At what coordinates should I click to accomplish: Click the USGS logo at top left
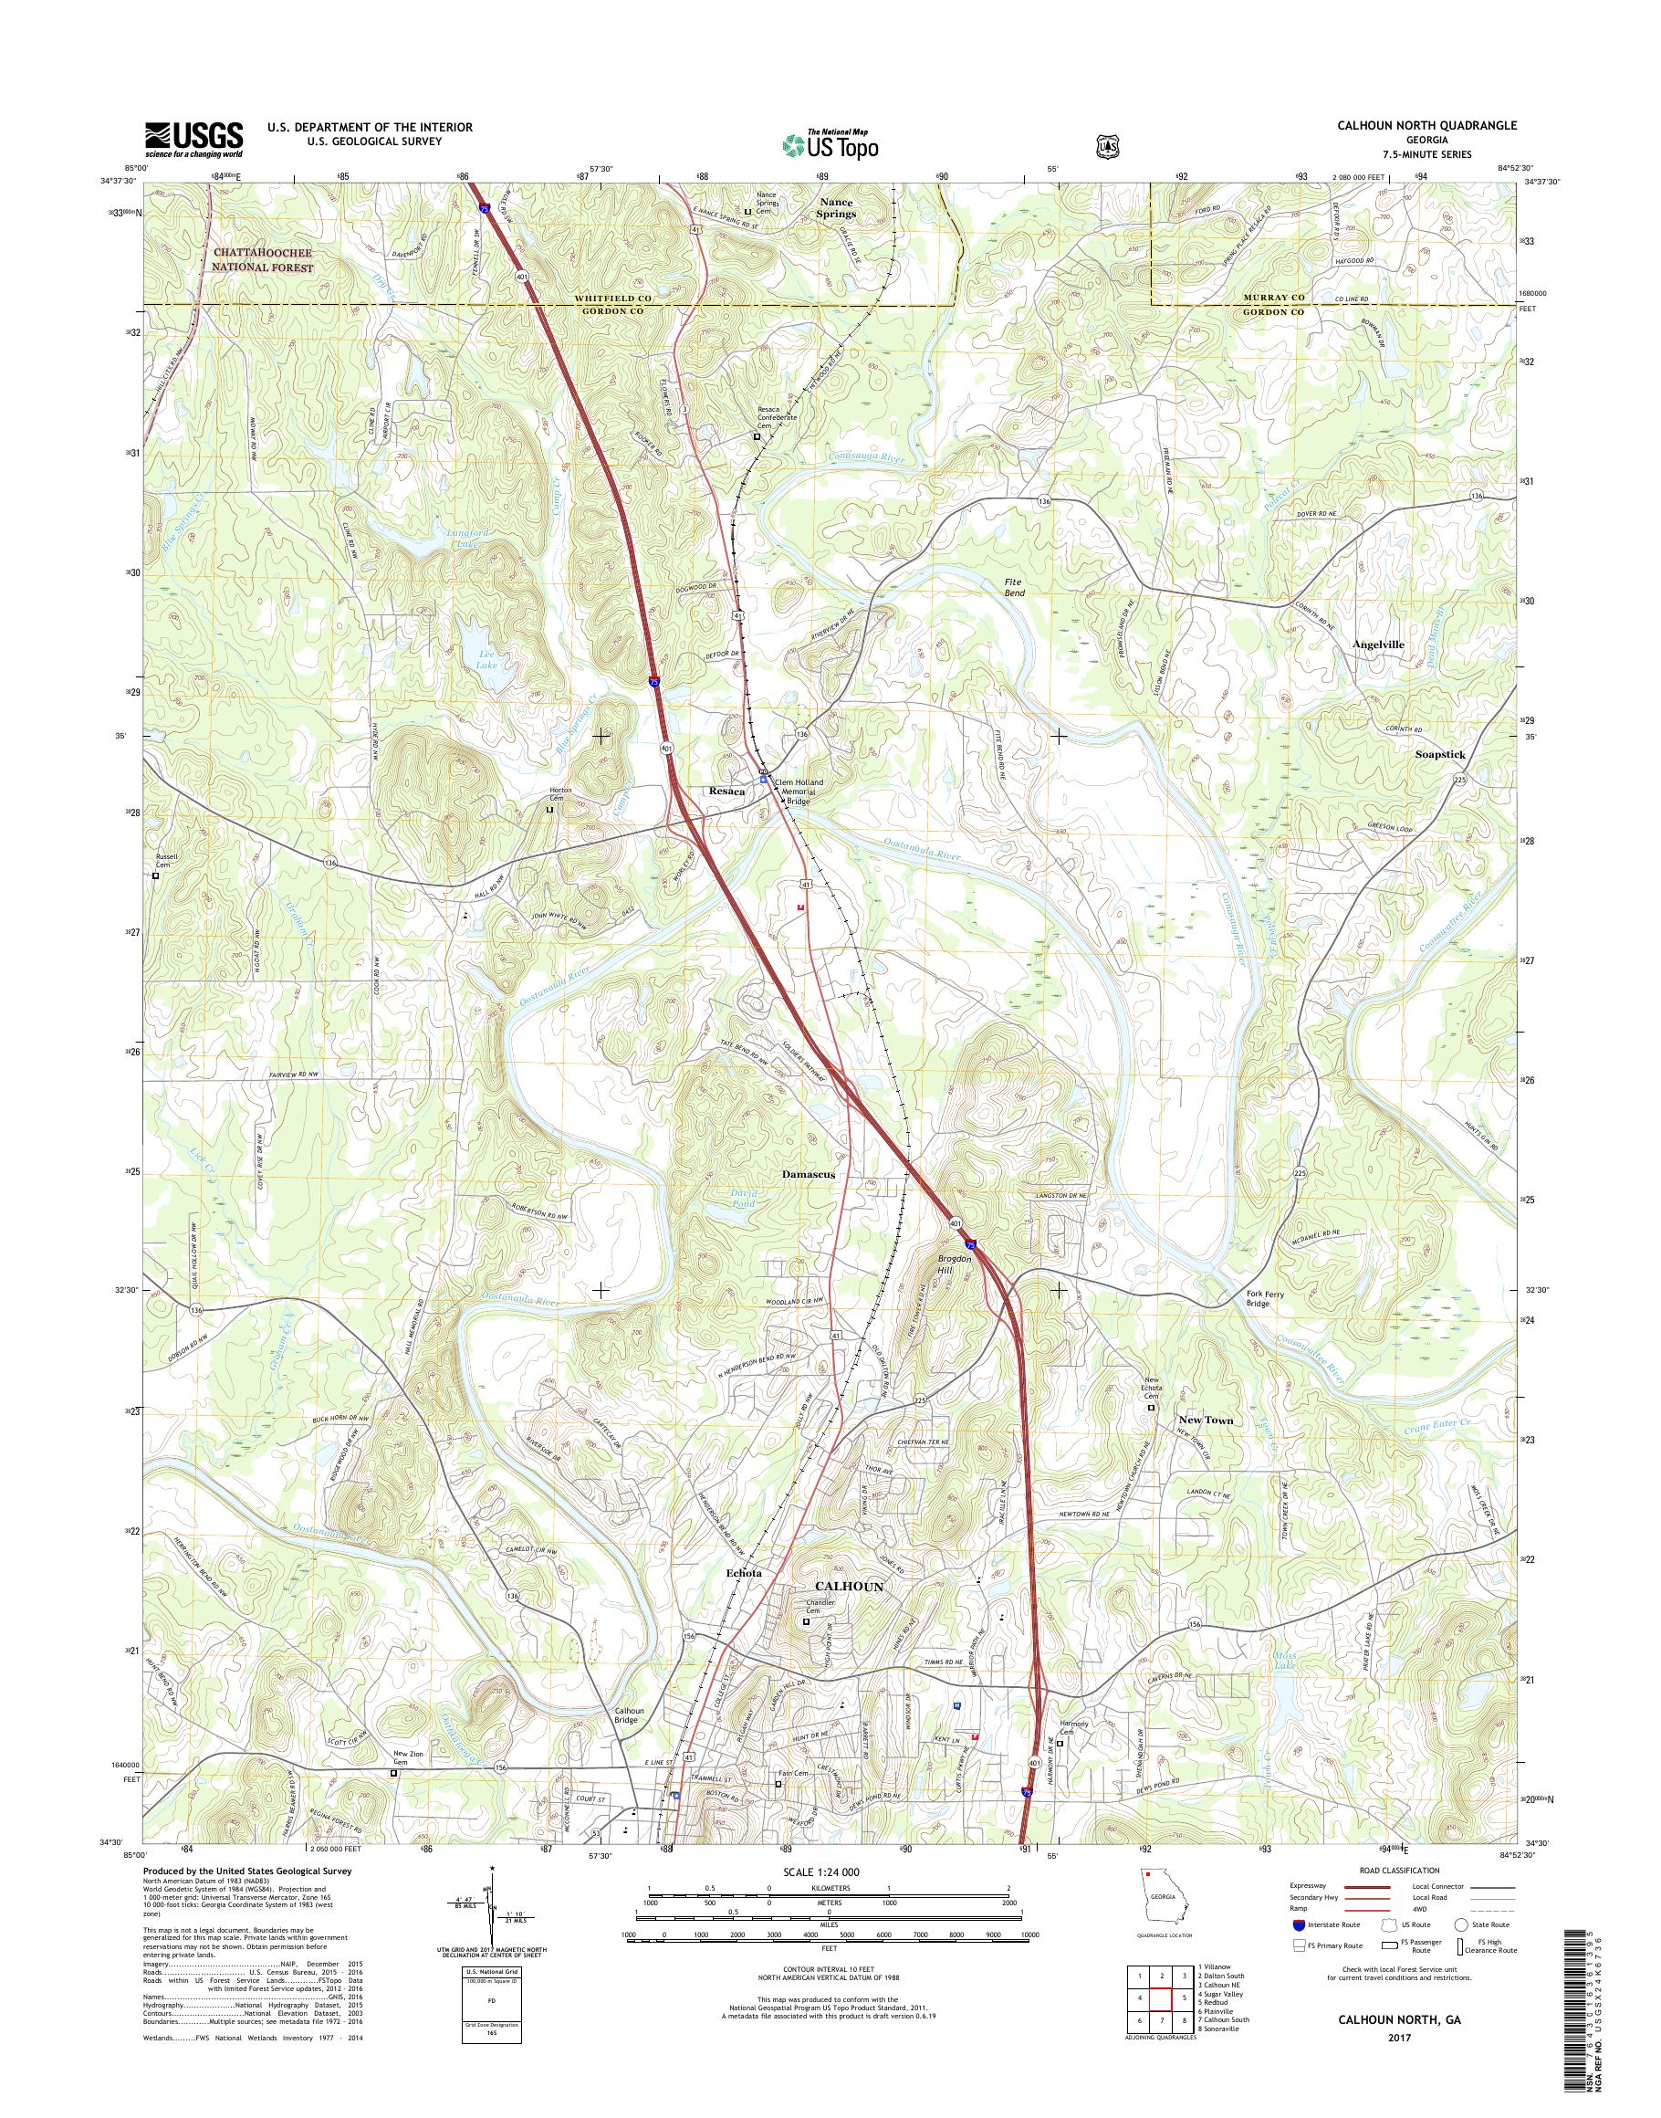click(x=193, y=140)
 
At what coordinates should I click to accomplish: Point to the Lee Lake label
click(x=486, y=661)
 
